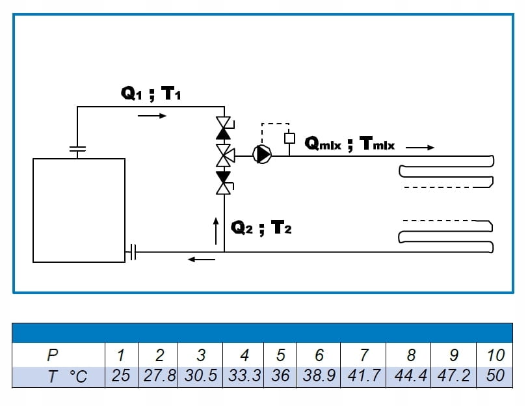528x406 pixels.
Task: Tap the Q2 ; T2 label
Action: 261,228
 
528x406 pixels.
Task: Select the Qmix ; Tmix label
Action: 349,143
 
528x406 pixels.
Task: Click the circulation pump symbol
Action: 263,154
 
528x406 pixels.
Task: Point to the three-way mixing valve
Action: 224,154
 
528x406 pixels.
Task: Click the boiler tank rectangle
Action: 79,210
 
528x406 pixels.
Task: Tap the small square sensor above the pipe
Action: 290,138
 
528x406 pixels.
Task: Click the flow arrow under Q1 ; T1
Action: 152,116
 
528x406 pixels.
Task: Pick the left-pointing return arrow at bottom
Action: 201,260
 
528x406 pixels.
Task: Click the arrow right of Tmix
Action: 420,148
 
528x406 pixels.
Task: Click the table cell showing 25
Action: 121,376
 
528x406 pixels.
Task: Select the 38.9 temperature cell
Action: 319,376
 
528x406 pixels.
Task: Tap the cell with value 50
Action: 495,376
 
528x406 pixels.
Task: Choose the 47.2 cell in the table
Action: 453,376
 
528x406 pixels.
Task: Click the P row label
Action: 53,355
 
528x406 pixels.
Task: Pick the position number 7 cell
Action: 364,355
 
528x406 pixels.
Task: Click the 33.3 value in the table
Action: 244,376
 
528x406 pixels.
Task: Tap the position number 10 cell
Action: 495,355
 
